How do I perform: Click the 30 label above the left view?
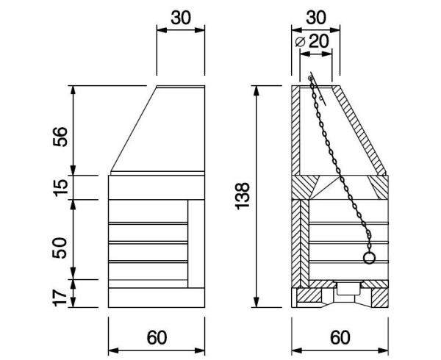point(181,16)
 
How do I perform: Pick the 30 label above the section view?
point(316,16)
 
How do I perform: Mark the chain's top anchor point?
point(311,79)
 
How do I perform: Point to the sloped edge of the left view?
point(134,129)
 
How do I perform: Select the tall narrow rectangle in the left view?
point(196,243)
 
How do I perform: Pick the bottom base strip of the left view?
point(157,298)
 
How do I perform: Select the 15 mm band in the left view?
point(157,187)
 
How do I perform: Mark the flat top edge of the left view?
point(181,87)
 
